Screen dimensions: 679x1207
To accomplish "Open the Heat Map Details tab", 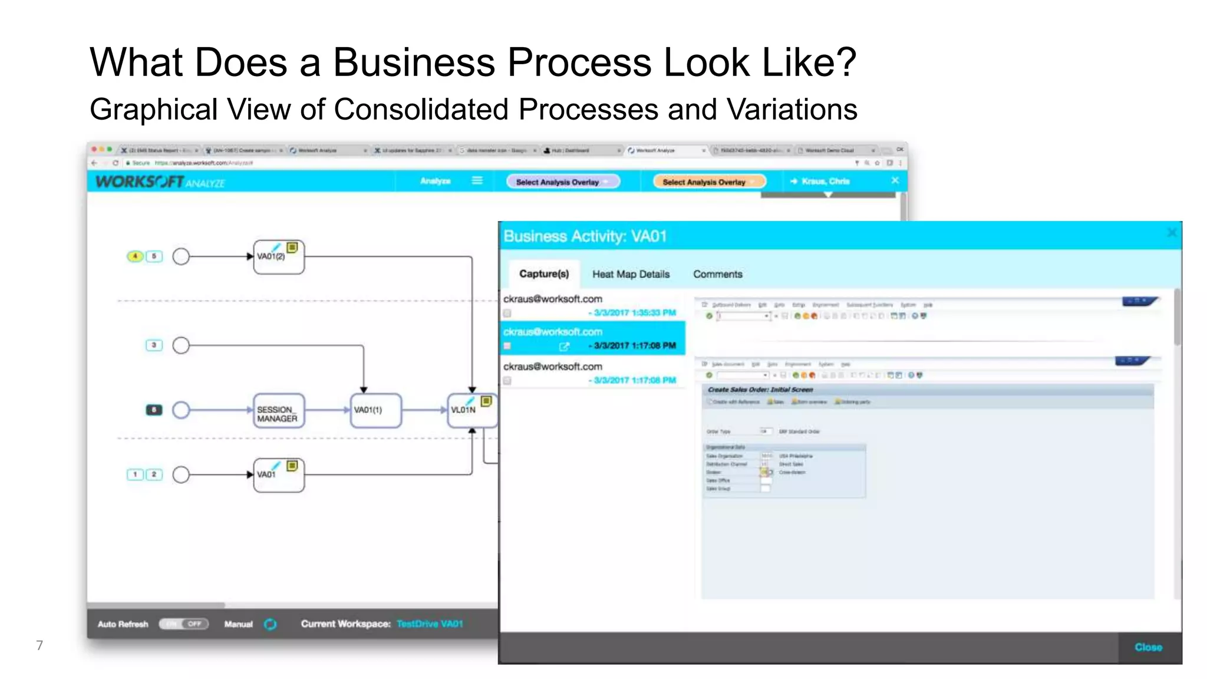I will coord(631,274).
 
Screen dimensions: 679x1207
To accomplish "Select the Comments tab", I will coord(717,274).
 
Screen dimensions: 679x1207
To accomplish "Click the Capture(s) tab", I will coord(543,274).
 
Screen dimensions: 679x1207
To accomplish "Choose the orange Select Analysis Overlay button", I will coord(708,182).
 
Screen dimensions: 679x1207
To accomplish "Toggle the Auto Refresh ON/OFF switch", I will coord(183,624).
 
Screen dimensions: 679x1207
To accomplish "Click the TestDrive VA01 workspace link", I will coord(429,624).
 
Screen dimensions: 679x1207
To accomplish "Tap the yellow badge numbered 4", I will coord(135,256).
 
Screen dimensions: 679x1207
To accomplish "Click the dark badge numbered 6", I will coord(154,410).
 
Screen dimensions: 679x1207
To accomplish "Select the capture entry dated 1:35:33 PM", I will coord(589,305).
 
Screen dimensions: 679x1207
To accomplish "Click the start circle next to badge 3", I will coord(181,345).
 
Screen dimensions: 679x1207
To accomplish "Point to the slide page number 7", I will coord(39,645).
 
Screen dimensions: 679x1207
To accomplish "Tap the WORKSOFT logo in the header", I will coord(140,182).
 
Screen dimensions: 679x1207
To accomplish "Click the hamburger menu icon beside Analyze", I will coord(477,180).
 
